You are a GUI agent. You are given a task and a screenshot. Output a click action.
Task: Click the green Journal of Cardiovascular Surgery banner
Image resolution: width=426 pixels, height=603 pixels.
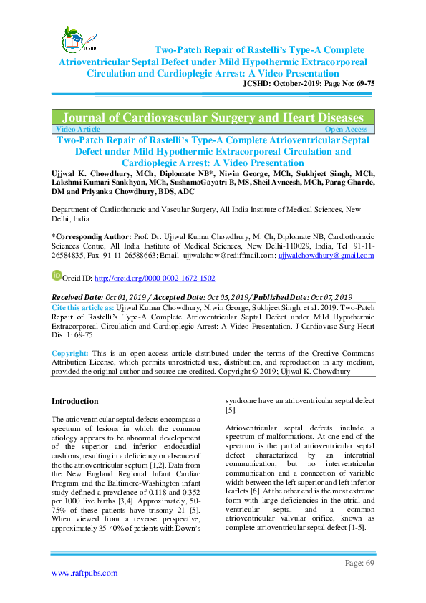[213, 117]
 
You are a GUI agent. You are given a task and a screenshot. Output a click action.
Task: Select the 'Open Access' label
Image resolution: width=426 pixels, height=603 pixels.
[347, 129]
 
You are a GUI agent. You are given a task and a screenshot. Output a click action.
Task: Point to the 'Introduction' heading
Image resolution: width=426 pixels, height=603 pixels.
[75, 401]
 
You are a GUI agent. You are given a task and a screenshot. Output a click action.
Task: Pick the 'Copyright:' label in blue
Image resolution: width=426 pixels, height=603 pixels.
[70, 354]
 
